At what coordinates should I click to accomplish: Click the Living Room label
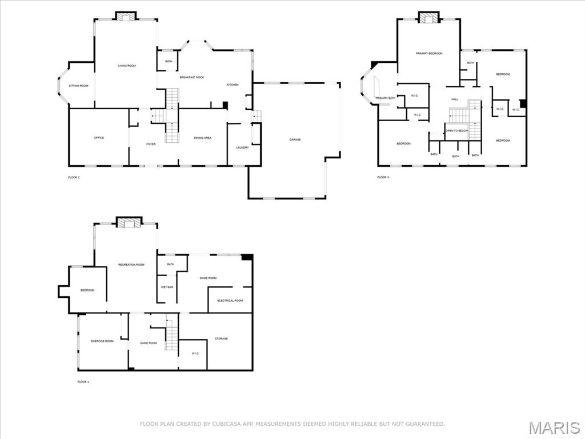127,66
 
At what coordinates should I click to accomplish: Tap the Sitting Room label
79,86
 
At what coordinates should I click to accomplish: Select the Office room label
99,138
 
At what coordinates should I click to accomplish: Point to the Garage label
295,139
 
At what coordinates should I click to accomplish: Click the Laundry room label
242,148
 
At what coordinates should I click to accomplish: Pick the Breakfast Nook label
192,77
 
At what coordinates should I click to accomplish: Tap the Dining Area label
203,138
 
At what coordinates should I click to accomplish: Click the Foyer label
151,144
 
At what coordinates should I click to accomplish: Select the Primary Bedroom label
429,53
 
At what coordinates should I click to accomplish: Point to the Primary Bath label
385,98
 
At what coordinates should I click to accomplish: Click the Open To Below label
457,130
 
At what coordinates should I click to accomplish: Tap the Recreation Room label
131,265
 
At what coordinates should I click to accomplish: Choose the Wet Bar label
167,287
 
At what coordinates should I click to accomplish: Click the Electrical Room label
230,301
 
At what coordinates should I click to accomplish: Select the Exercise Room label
102,341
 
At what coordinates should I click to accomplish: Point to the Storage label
221,338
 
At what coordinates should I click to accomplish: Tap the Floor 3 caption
383,177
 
